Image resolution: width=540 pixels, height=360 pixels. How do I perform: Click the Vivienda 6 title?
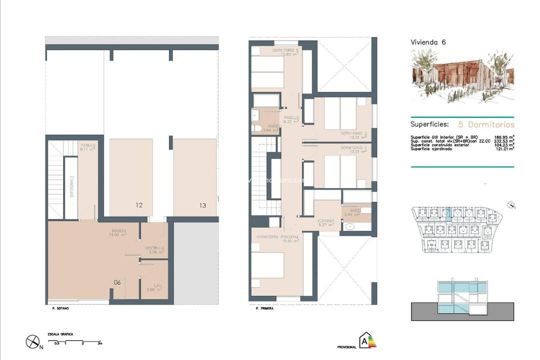tap(428, 42)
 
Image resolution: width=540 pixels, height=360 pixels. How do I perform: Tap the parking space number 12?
tap(139, 205)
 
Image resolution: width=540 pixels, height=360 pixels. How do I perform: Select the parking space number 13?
tap(202, 205)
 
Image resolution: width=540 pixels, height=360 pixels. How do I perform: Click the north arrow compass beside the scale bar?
tap(33, 341)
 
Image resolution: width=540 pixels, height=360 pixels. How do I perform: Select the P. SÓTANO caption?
tap(60, 308)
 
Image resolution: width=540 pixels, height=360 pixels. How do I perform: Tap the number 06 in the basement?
tap(117, 282)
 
